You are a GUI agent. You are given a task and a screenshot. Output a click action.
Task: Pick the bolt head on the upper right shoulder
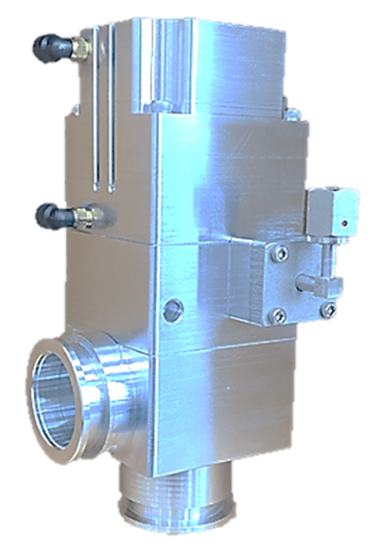(292, 115)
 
